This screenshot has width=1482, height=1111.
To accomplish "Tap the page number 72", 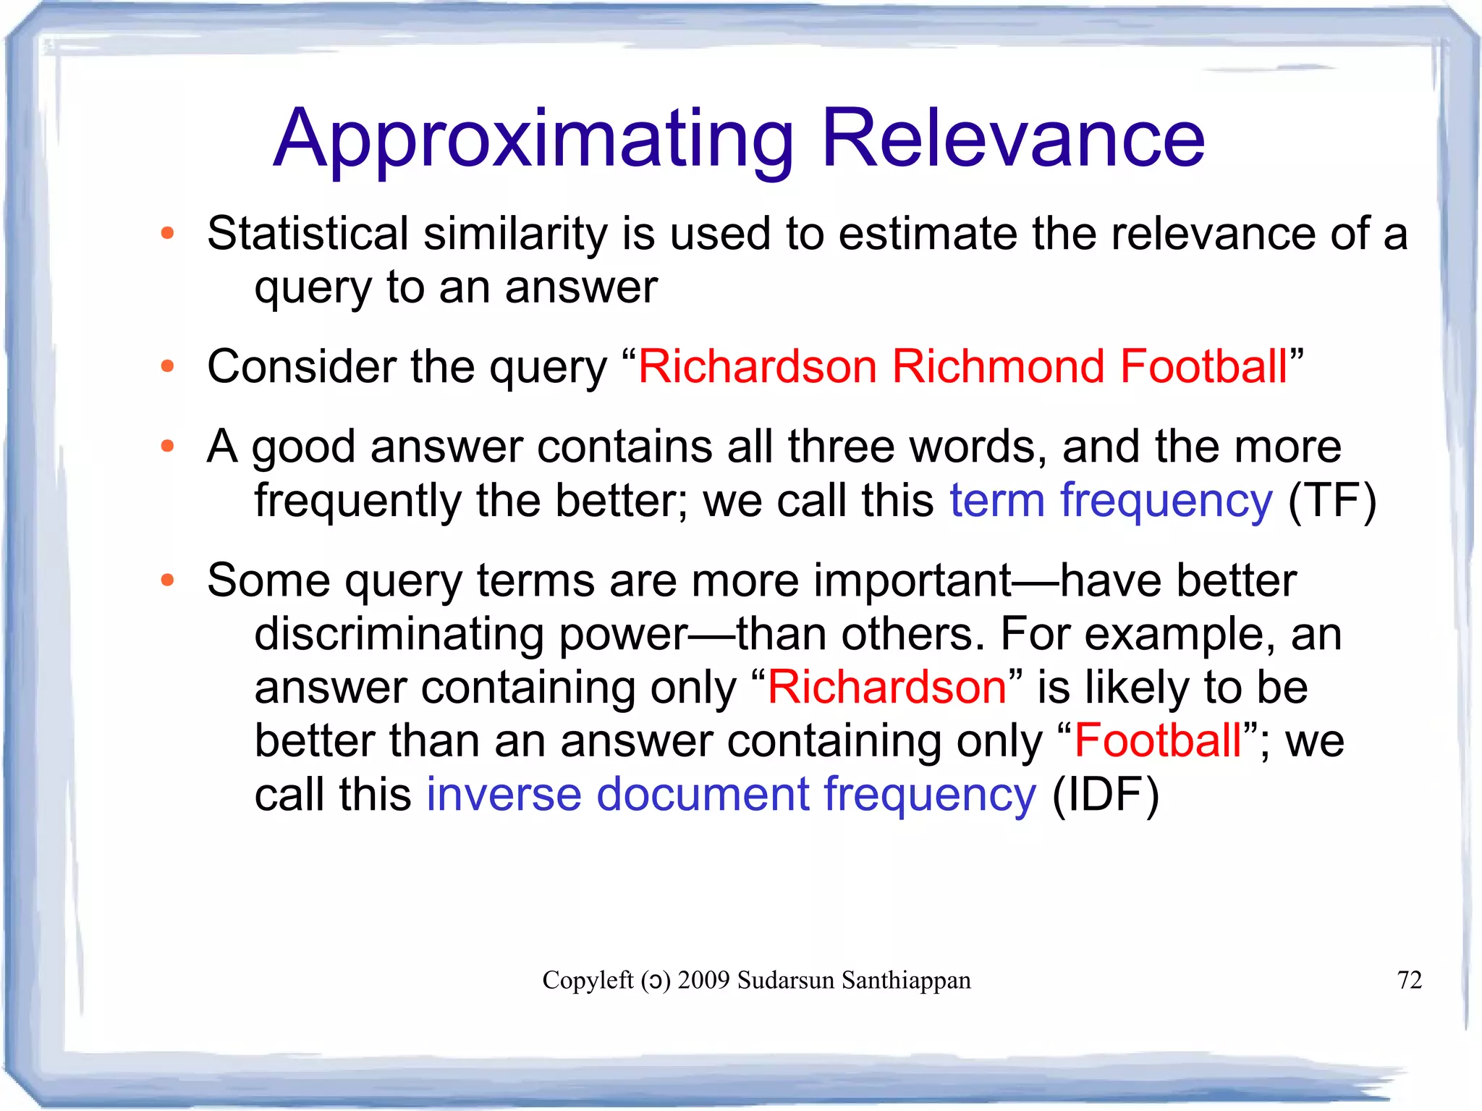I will point(1409,980).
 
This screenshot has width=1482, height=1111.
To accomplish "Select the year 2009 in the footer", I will point(703,980).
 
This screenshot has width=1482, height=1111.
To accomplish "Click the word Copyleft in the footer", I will point(588,980).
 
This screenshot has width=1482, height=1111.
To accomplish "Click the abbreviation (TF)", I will point(1332,501).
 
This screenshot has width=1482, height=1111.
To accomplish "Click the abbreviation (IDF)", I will point(1105,795).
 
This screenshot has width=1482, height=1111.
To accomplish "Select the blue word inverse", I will point(504,795).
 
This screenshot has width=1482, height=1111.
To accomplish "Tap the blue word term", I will point(996,501).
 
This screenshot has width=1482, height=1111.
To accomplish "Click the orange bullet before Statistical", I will point(168,233).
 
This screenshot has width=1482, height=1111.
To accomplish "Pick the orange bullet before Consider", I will point(168,366).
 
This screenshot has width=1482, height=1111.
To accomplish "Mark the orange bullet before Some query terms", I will point(168,580).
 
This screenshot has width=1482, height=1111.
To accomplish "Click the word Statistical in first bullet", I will point(308,234).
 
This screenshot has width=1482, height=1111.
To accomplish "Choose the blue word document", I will point(702,795).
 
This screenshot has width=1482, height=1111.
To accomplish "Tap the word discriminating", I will point(399,635).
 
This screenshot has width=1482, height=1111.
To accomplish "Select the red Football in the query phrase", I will point(1203,366).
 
